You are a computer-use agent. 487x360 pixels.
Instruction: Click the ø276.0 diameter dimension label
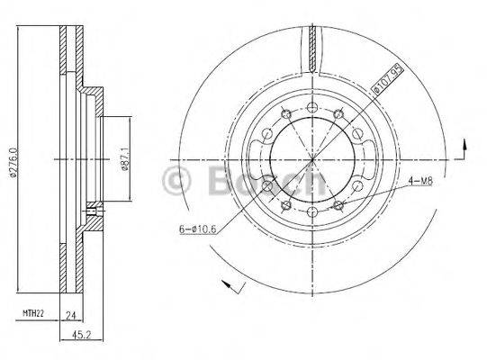point(14,163)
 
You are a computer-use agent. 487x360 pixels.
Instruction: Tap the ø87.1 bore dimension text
point(125,160)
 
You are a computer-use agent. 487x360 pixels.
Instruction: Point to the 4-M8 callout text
point(419,181)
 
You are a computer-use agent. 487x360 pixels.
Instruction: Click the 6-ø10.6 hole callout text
point(197,229)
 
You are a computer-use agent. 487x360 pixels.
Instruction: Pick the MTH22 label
point(32,313)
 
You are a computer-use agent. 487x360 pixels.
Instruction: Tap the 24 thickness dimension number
point(71,316)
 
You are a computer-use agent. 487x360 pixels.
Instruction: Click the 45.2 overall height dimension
point(81,335)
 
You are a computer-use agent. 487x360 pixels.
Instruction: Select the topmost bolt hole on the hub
point(311,108)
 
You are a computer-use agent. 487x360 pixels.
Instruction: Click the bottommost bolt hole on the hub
point(311,212)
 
